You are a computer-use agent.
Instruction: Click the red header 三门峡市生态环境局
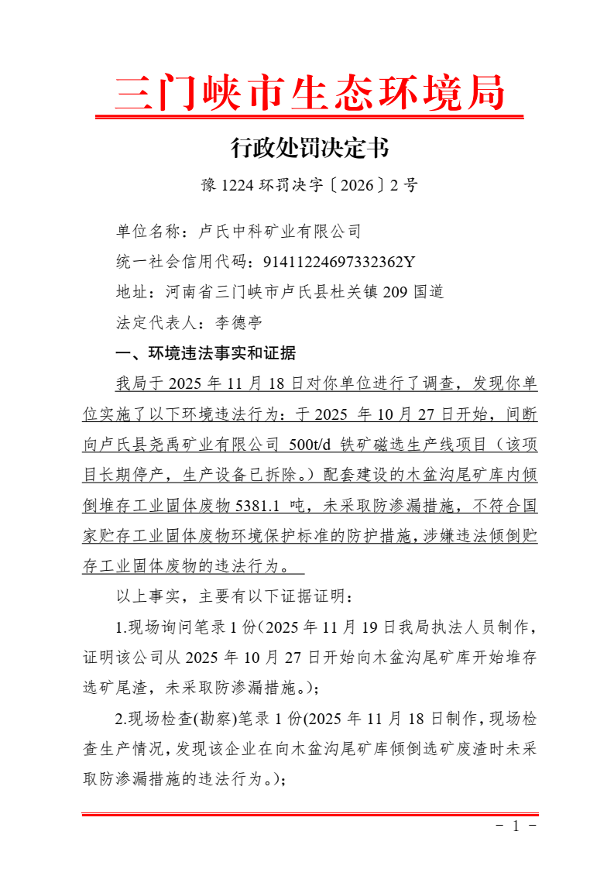coord(310,94)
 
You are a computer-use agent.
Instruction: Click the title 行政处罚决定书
coord(310,147)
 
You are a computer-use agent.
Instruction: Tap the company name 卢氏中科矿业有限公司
coord(280,231)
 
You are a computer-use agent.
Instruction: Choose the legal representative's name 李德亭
coord(239,322)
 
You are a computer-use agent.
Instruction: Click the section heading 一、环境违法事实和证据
coord(205,353)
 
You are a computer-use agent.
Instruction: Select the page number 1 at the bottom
coord(516,826)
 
